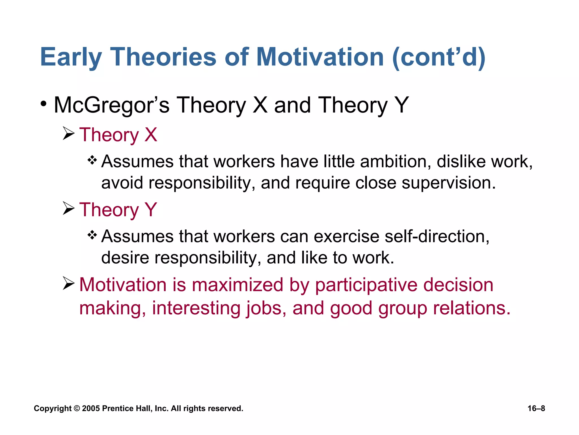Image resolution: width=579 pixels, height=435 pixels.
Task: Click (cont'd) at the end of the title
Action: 439,57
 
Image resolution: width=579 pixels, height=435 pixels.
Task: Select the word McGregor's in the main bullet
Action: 111,105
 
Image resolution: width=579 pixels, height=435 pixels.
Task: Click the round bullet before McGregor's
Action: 43,104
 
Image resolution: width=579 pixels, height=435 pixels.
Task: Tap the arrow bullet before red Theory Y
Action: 68,208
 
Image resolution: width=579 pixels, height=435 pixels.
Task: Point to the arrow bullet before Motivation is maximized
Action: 68,283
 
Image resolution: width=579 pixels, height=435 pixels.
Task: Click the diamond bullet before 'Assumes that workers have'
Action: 92,160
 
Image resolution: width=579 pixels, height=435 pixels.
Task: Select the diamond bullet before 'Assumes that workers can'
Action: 92,235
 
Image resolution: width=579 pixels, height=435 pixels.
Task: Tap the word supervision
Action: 448,183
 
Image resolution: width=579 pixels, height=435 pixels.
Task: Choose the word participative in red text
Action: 366,285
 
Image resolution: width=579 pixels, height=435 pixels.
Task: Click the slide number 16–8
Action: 536,408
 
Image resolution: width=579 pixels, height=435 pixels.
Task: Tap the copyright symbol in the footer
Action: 77,408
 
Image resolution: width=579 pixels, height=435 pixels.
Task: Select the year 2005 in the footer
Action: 91,408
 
